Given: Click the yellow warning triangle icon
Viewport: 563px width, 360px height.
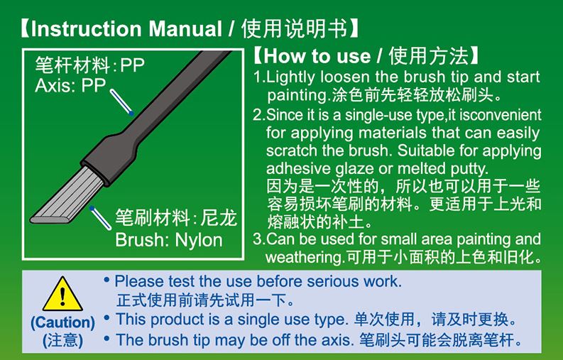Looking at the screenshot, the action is pos(63,295).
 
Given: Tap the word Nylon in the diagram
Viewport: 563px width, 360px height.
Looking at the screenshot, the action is pos(199,241).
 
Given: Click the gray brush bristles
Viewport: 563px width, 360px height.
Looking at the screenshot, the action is pos(67,196).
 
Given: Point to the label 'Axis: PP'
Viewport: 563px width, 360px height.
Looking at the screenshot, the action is pos(70,85).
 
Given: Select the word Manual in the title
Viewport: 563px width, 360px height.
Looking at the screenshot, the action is pos(185,28).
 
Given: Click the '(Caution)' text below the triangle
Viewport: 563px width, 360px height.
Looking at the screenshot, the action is pos(63,322).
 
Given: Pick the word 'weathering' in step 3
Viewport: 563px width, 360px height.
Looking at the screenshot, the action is pos(304,257).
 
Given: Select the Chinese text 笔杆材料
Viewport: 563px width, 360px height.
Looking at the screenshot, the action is pos(72,65).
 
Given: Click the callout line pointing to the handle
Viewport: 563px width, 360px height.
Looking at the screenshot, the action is pos(122,102).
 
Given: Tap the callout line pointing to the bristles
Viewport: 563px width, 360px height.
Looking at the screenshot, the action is pos(101,218).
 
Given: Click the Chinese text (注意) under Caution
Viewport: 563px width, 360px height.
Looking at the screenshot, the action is pos(63,340).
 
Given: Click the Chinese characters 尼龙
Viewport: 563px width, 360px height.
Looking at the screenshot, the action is pos(219,218).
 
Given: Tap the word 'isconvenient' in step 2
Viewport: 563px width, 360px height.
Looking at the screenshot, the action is pos(501,115).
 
